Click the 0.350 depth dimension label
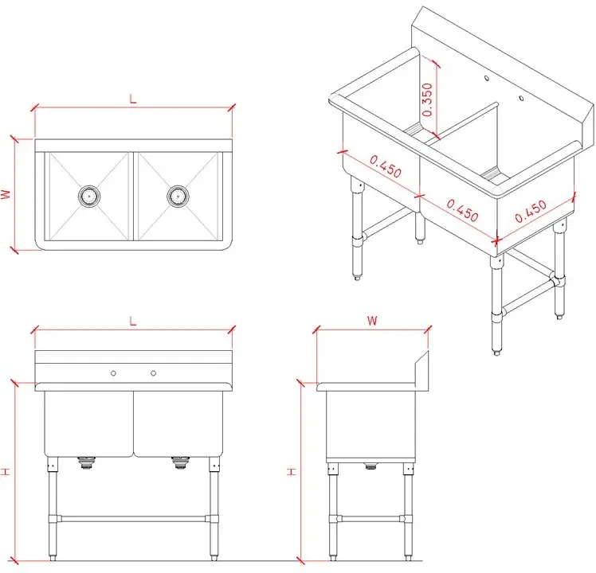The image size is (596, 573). (427, 99)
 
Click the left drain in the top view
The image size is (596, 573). (89, 196)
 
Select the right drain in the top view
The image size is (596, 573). (178, 196)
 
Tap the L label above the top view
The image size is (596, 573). (132, 99)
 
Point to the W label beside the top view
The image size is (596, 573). (6, 194)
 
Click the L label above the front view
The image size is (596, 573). (132, 322)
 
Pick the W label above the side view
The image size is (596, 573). (372, 321)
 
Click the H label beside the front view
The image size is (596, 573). (6, 472)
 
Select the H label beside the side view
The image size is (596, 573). (291, 472)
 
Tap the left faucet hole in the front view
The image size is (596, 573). (113, 373)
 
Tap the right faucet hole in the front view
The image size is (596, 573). (153, 373)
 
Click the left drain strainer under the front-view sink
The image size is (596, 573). (87, 462)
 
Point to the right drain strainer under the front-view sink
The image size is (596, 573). (180, 462)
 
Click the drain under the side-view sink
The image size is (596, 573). (371, 466)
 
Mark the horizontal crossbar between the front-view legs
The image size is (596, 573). (133, 518)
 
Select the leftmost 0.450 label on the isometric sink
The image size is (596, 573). (386, 166)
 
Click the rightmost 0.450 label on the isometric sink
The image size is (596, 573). (531, 211)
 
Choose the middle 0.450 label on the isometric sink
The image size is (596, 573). (462, 210)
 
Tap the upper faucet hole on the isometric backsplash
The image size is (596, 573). (486, 78)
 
